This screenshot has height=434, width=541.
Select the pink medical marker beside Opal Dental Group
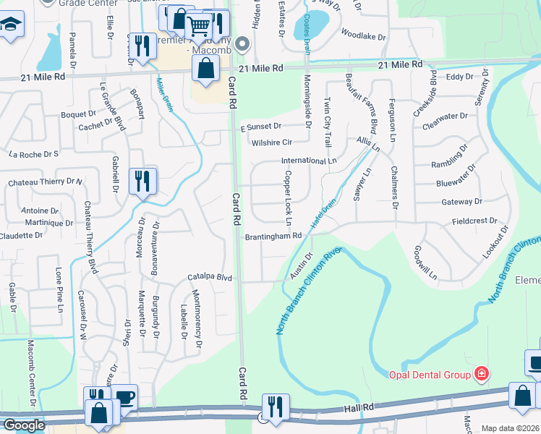(481, 374)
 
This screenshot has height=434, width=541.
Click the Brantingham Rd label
(273, 237)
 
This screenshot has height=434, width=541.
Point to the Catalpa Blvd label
(210, 277)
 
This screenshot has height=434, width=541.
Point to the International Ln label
(309, 161)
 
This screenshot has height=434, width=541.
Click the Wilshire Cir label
(272, 142)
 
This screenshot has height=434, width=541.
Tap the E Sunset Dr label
(261, 126)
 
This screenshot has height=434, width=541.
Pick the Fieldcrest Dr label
(474, 221)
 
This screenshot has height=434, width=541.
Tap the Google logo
(24, 425)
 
